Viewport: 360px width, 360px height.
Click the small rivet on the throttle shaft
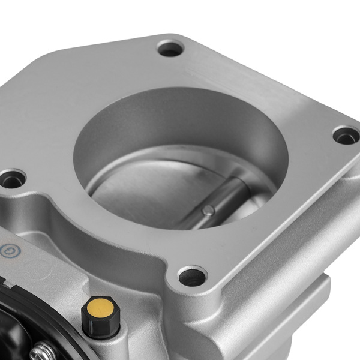click(208, 209)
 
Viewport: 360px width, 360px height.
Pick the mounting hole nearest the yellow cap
click(192, 277)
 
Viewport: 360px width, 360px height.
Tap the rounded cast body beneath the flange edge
click(228, 324)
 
